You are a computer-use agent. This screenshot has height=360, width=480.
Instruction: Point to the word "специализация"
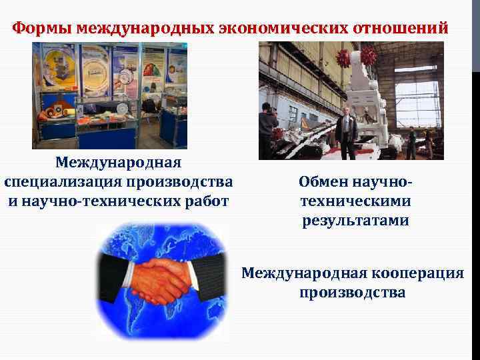[x=77, y=181]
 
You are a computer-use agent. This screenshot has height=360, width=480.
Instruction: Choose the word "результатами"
[x=354, y=220]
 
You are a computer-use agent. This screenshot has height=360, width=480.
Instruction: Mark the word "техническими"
[x=355, y=201]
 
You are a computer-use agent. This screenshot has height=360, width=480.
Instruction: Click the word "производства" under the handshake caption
[x=353, y=292]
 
